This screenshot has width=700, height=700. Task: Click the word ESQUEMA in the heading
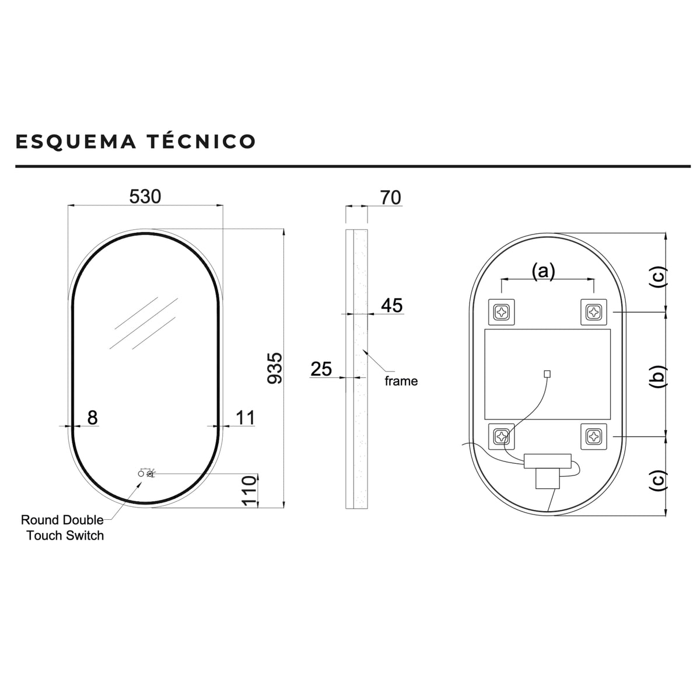coord(76,141)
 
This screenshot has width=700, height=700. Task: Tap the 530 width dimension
coord(145,197)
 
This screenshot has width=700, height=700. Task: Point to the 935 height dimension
coord(275,367)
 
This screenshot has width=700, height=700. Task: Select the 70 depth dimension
coord(390,197)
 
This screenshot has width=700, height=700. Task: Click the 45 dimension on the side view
coord(391,305)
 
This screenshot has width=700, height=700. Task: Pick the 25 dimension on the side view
coord(321,369)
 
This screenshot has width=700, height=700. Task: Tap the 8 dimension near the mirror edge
coord(92,418)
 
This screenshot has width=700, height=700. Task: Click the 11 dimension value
coord(245,418)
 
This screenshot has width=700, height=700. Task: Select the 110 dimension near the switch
coord(249,491)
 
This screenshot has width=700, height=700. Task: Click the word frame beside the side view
coord(401,381)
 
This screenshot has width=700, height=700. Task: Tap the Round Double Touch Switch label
coord(62,527)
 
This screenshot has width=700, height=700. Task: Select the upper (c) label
coord(658,278)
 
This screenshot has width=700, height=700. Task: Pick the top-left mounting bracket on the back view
coord(501,311)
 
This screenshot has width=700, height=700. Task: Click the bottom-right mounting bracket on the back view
coord(594,436)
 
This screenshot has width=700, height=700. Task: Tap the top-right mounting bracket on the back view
coord(594,311)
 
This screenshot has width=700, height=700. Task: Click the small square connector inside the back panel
coord(547,373)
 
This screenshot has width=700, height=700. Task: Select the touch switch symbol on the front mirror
coord(146,474)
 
